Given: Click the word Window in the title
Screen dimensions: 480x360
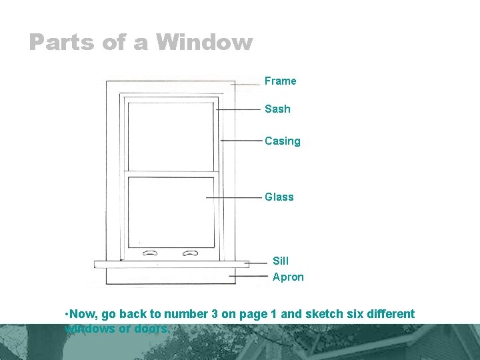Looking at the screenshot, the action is point(204,43).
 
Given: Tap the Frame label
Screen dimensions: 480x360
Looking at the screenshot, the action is point(280,81).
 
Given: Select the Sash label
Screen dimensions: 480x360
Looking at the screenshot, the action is point(277,109).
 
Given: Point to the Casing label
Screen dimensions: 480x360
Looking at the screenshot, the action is point(283,141).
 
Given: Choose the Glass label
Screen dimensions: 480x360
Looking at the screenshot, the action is point(279,197).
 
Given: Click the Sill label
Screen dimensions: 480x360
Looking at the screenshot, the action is point(281,261).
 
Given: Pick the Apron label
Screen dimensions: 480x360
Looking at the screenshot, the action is point(288,277).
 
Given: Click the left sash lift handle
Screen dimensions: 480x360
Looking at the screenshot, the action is point(150,253).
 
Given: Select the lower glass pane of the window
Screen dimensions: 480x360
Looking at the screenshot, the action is point(171,210).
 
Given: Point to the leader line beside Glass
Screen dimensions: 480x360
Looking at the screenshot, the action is point(233,198).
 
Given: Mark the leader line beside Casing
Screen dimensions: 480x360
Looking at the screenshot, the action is point(241,141).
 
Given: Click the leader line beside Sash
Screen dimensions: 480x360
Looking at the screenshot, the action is point(239,109).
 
